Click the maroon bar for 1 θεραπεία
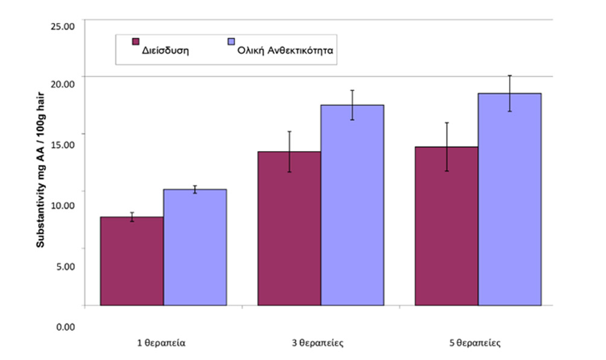point(132,261)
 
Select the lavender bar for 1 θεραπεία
point(195,247)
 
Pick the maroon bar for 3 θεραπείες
point(289,228)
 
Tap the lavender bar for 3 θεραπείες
point(352,205)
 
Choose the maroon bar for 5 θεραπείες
point(447,226)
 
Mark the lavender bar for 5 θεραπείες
point(509,199)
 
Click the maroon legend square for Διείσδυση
point(136,42)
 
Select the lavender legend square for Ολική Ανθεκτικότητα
point(229,42)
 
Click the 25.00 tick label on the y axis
point(62,26)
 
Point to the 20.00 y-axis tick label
point(62,83)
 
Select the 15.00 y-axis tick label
point(62,144)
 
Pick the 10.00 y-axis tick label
point(62,205)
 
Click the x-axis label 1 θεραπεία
point(161,343)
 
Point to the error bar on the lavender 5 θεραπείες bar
point(509,94)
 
